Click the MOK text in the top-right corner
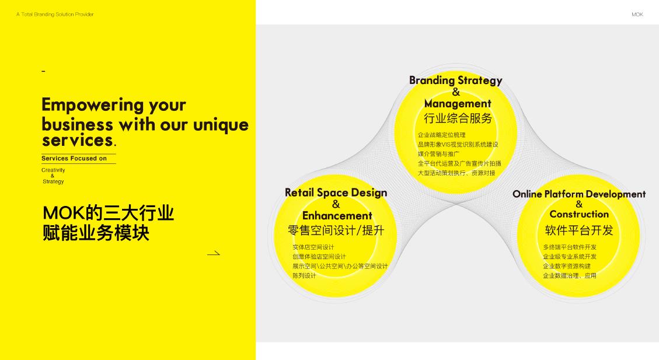(637, 14)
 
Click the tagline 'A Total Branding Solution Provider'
(55, 14)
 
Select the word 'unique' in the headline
(221, 125)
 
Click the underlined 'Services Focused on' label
(74, 158)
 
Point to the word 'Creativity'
(53, 170)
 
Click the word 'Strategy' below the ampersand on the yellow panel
(53, 181)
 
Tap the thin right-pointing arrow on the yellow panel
(214, 253)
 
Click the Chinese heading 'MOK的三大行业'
(108, 213)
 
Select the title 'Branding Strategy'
(456, 81)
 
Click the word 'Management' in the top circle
(458, 103)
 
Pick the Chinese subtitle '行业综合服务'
(458, 118)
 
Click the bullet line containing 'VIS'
(458, 145)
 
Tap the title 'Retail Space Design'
(336, 193)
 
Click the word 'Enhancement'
(337, 215)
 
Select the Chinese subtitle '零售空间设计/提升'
(336, 230)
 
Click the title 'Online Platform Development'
(578, 194)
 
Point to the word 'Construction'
(579, 214)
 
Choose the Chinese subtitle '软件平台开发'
(579, 230)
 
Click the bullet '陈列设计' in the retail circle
(304, 275)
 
